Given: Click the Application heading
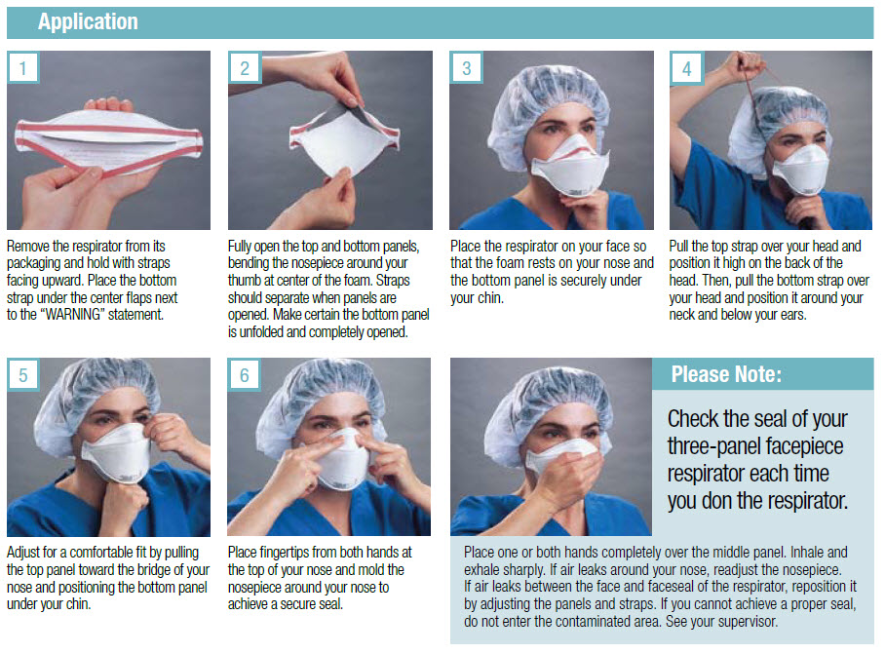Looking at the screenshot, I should [88, 21].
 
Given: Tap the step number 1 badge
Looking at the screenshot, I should [23, 68].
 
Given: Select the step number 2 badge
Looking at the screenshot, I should [245, 68].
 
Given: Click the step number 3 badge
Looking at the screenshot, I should [466, 68].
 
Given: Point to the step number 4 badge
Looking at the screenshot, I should [686, 68].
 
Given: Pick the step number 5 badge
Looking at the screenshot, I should [23, 375].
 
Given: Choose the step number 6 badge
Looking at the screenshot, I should [245, 375].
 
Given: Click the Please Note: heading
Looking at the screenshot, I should [726, 374].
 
